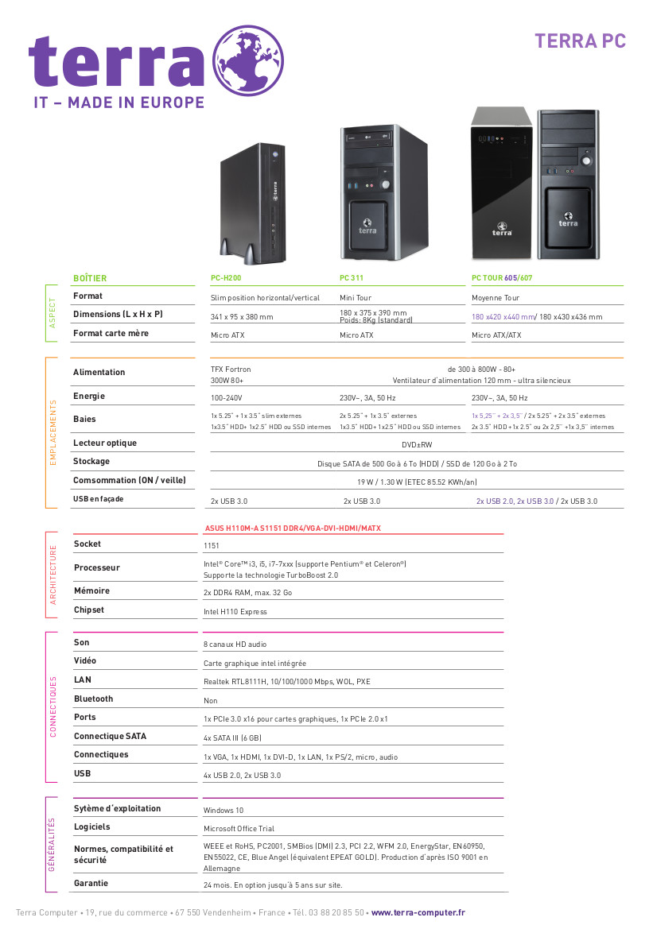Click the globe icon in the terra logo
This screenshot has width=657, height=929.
248,60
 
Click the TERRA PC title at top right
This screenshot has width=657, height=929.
581,41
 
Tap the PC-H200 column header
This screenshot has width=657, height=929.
226,278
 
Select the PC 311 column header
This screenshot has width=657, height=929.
352,278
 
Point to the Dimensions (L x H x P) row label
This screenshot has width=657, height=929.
118,314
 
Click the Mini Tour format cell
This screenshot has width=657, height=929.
356,298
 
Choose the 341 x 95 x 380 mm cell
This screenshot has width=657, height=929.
242,317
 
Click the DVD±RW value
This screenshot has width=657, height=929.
417,445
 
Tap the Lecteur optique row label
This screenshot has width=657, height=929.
105,443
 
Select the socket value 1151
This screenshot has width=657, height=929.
211,546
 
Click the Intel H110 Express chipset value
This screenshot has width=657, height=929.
235,612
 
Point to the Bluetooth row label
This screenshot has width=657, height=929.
94,699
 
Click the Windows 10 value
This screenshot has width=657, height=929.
224,811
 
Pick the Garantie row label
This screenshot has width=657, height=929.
91,883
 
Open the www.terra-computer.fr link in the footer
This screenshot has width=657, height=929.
418,912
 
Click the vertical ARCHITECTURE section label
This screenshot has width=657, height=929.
52,575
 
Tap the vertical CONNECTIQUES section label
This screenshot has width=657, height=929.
52,706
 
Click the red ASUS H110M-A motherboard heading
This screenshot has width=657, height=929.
293,528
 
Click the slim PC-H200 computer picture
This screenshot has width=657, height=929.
253,203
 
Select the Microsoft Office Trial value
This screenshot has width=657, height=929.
239,829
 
